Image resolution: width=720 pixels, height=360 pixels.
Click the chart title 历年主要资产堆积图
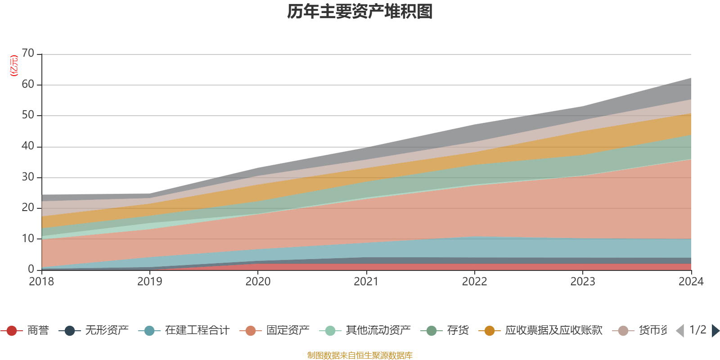tap(360, 12)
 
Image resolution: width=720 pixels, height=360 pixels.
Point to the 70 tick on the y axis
tap(28, 54)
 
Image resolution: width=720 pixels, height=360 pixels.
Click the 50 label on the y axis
tap(28, 115)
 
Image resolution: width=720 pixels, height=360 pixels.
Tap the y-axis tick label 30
tap(28, 177)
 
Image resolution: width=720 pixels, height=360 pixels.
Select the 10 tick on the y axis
tap(28, 238)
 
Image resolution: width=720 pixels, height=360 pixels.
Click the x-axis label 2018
tap(41, 282)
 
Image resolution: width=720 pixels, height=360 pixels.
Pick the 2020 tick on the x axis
tap(258, 282)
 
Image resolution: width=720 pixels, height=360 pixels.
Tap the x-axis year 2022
tap(474, 282)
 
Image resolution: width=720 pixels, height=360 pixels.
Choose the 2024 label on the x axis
tap(691, 282)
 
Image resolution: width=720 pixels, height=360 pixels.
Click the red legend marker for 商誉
tap(12, 331)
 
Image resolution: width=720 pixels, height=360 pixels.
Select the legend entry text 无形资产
tap(107, 331)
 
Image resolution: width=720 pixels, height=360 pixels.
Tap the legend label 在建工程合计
tap(197, 331)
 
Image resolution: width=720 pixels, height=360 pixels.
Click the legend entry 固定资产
tap(288, 331)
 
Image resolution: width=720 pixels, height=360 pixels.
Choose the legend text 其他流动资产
tap(378, 331)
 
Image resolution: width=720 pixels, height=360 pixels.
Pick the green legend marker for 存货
tap(432, 331)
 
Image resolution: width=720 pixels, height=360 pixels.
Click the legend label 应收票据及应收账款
tap(553, 331)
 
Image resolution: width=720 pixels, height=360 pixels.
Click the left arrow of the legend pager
tap(680, 331)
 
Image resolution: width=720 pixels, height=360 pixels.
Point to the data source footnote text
tap(360, 355)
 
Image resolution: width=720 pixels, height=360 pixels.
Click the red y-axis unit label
tap(14, 66)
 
